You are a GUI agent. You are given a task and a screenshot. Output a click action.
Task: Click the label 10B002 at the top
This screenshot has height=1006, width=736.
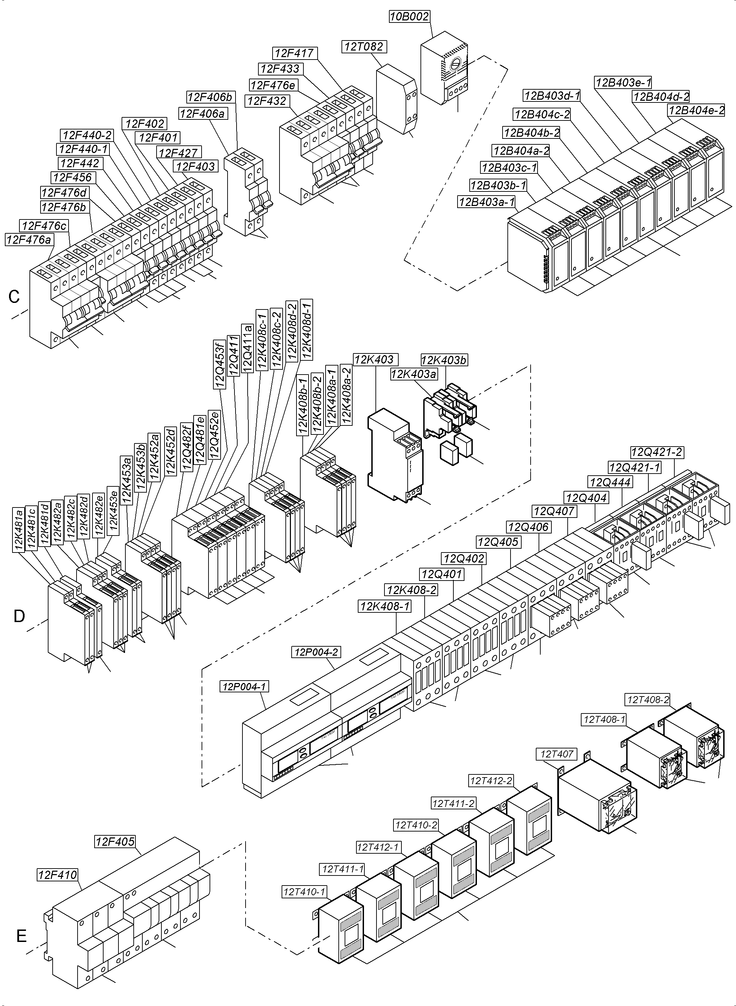(x=409, y=17)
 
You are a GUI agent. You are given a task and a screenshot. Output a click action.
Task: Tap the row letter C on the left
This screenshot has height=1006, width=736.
(x=14, y=297)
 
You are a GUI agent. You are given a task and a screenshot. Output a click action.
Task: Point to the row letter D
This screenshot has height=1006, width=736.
(x=19, y=616)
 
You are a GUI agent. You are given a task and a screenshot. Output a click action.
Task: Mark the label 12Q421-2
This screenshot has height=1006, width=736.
(x=657, y=452)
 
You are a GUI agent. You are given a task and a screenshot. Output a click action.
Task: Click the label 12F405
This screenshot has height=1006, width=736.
(x=115, y=842)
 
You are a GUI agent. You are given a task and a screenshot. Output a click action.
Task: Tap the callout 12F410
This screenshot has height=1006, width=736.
(x=57, y=875)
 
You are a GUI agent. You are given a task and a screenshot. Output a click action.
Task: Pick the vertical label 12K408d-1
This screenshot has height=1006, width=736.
(x=307, y=329)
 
